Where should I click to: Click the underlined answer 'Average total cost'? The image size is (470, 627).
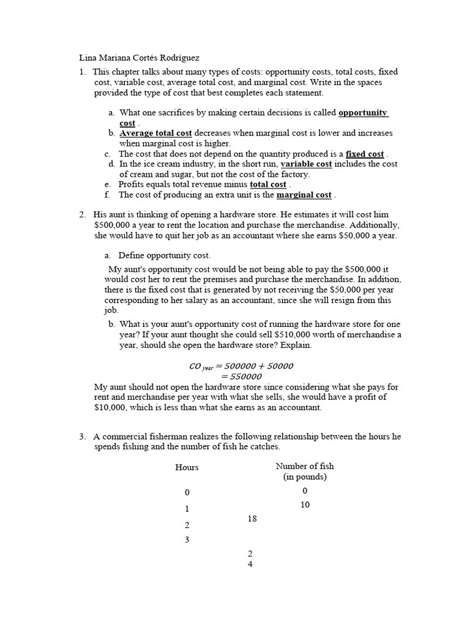point(155,133)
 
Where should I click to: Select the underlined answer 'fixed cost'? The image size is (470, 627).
point(365,154)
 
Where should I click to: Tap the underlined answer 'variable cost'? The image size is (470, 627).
point(306,164)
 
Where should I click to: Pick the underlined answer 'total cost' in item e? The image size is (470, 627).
point(268,184)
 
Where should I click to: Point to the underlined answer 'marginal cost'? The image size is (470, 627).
point(304,195)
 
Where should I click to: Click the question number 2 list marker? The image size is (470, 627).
point(82,214)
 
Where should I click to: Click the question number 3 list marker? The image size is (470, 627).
point(82,437)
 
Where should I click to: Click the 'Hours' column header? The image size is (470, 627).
point(187,467)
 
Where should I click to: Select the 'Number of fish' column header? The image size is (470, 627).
point(305,466)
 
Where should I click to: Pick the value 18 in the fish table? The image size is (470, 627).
point(252,519)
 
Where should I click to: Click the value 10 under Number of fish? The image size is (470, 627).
point(305,505)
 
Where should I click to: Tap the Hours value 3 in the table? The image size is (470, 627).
point(187,539)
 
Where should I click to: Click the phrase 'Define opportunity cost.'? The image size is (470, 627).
point(164,255)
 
